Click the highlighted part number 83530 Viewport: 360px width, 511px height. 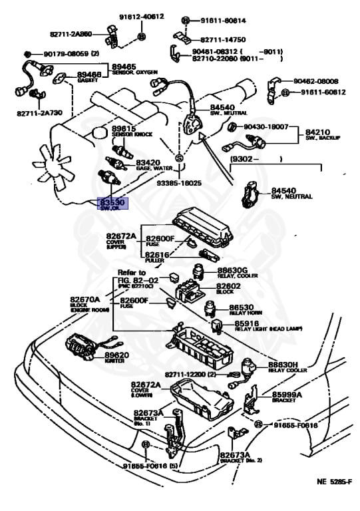point(112,201)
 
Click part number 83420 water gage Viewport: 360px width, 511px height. point(148,162)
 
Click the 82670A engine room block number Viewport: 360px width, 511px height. point(84,299)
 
